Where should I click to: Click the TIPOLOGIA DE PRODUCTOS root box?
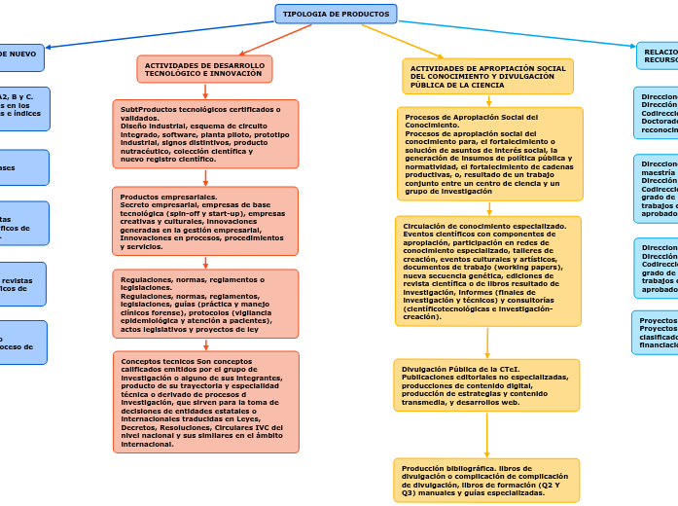pyautogui.click(x=336, y=15)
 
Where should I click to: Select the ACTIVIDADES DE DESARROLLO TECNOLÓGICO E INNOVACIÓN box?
pyautogui.click(x=204, y=69)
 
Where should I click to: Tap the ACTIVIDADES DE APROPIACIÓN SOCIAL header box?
pyautogui.click(x=487, y=77)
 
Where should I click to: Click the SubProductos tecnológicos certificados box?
pyautogui.click(x=205, y=134)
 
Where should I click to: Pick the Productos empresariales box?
pyautogui.click(x=205, y=221)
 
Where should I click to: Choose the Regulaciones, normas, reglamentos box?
pyautogui.click(x=205, y=304)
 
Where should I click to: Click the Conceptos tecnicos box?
pyautogui.click(x=205, y=402)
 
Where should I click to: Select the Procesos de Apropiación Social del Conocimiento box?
pyautogui.click(x=490, y=154)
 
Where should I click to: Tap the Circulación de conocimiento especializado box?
pyautogui.click(x=488, y=271)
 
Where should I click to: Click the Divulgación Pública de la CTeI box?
pyautogui.click(x=487, y=385)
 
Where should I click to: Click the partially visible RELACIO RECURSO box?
pyautogui.click(x=659, y=55)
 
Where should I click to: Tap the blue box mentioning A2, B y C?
pyautogui.click(x=23, y=108)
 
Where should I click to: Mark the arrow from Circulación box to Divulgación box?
pyautogui.click(x=487, y=343)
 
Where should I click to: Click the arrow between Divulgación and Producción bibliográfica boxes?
pyautogui.click(x=487, y=434)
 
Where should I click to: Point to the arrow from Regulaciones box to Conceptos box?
pyautogui.click(x=205, y=344)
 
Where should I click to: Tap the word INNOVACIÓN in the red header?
pyautogui.click(x=237, y=74)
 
